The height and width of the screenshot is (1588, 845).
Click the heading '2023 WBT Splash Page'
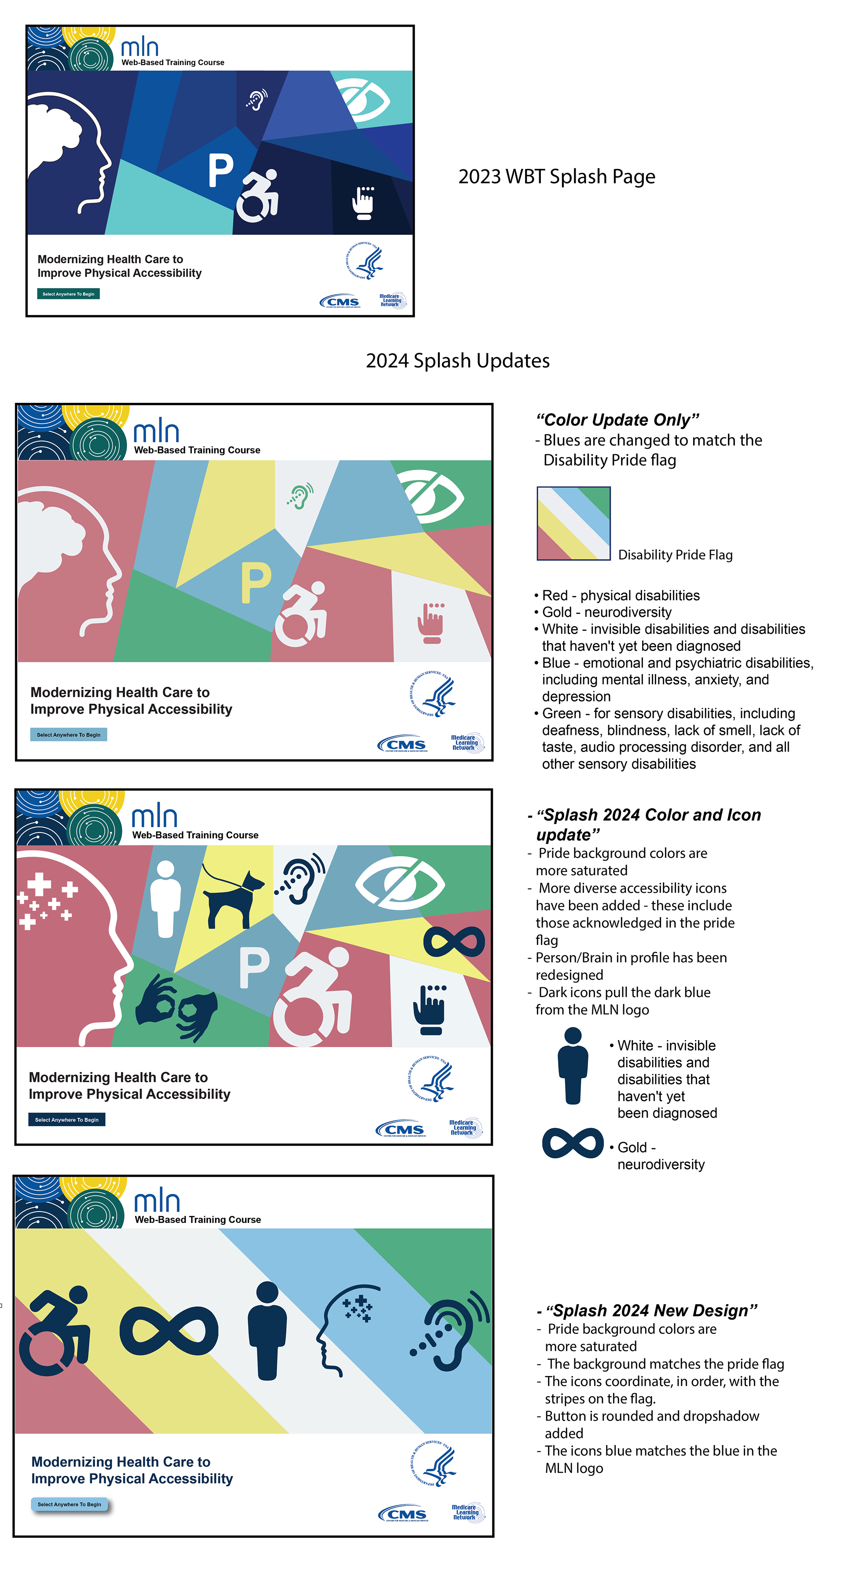(556, 177)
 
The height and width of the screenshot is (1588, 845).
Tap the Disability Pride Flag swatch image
(573, 523)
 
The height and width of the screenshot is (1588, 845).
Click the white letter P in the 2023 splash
(220, 170)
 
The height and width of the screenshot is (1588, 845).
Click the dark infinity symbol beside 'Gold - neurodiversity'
(573, 1143)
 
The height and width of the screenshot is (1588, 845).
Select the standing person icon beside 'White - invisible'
(573, 1065)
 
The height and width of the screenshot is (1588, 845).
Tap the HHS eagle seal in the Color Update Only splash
(434, 694)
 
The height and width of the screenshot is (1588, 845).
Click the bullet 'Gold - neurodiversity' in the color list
(606, 612)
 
